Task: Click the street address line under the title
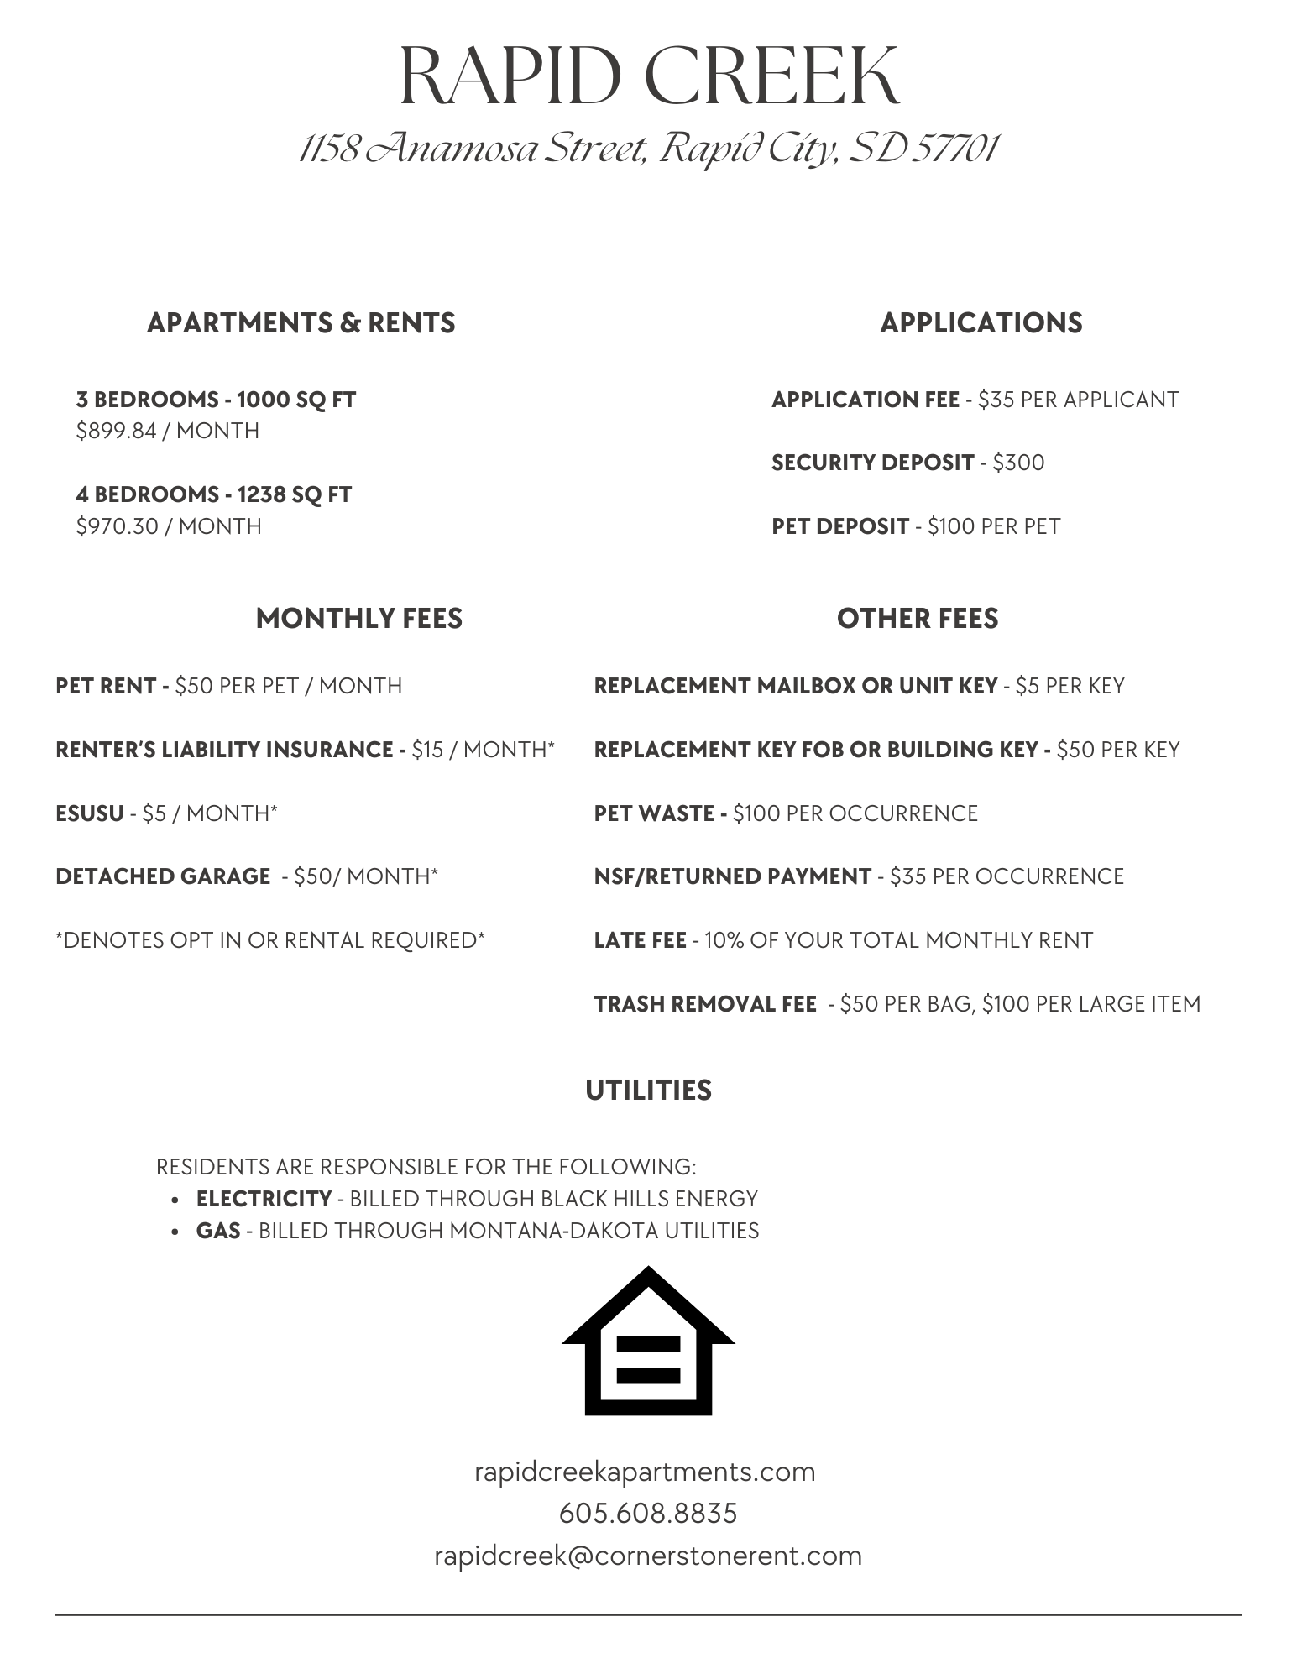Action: [648, 149]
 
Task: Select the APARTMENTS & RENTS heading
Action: [301, 323]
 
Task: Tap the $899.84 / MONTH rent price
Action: [168, 431]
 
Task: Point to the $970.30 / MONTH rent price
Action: [169, 526]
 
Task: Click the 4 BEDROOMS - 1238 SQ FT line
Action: [214, 494]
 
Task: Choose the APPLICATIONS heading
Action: [981, 323]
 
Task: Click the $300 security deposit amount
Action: [1018, 463]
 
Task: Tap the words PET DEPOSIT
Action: [839, 526]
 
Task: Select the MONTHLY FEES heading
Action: [358, 619]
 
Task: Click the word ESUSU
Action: [89, 813]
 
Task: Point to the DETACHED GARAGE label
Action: [163, 876]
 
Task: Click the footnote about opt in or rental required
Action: [270, 940]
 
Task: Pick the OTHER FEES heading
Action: [917, 619]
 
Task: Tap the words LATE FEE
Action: [640, 940]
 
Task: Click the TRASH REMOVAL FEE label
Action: [705, 1004]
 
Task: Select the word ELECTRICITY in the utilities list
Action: [264, 1199]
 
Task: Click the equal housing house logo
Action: [648, 1341]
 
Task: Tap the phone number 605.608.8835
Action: [648, 1514]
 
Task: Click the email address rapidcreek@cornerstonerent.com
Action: [648, 1556]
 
